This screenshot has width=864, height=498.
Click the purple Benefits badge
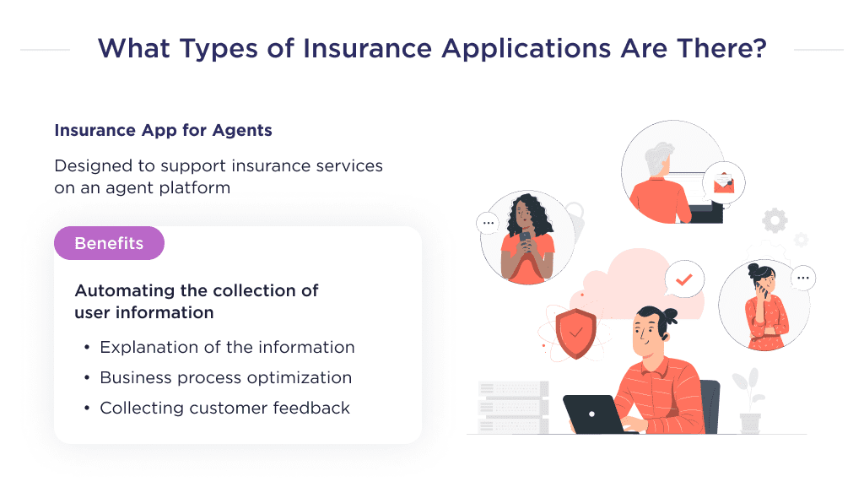[x=109, y=243]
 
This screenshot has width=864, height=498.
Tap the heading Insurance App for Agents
[x=163, y=131]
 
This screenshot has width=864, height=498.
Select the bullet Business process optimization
[x=225, y=377]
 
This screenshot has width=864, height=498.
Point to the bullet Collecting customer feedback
[x=224, y=408]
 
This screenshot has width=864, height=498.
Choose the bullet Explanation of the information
[x=227, y=347]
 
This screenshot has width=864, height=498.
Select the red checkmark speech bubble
[x=684, y=278]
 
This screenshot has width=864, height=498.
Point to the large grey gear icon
[x=775, y=221]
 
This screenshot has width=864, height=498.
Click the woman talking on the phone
[x=764, y=306]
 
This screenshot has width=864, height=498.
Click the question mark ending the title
[x=759, y=48]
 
